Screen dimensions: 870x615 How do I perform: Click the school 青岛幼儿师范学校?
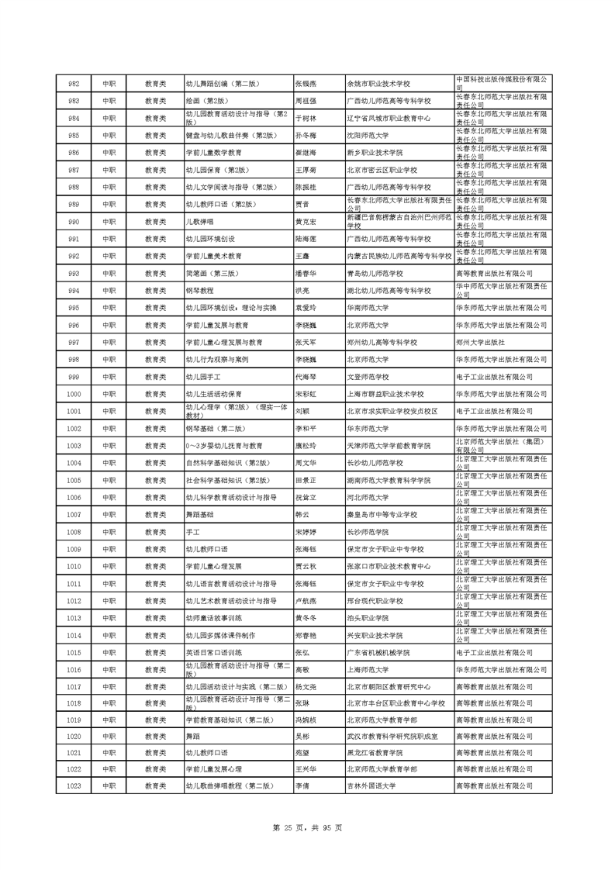click(375, 274)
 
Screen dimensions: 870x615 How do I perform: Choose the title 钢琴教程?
click(199, 291)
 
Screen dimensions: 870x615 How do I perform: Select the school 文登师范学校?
click(371, 377)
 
